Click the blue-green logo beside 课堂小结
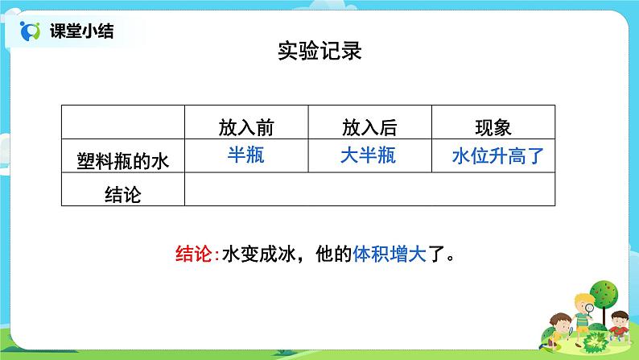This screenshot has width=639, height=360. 30,31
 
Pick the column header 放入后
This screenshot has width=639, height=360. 369,127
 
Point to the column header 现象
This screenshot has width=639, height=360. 493,127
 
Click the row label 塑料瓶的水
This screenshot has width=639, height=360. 123,161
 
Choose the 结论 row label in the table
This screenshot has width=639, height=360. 123,194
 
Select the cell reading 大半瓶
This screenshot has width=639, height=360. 369,155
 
